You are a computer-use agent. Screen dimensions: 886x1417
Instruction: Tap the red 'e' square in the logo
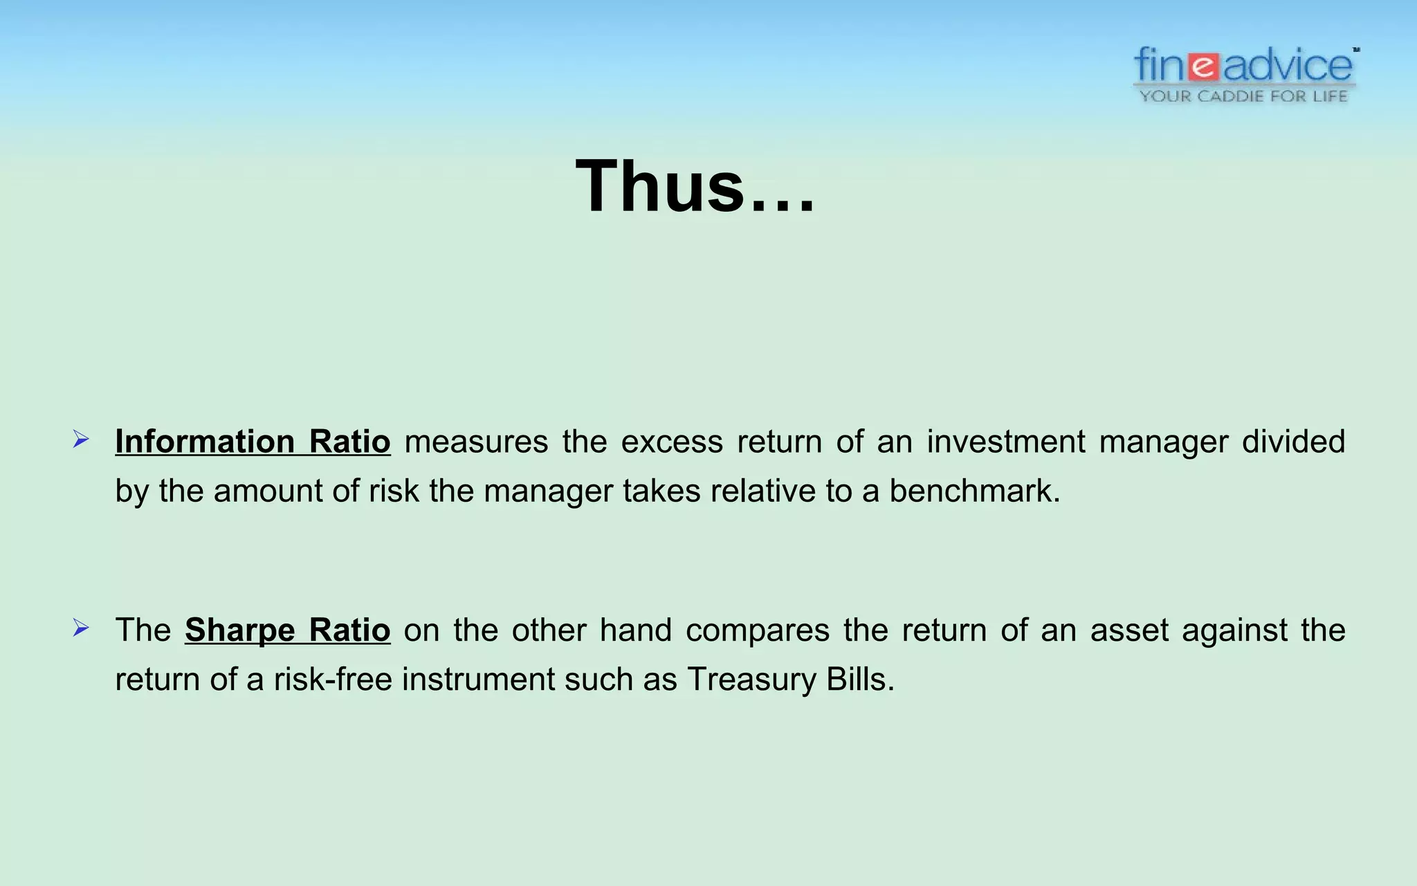click(1205, 67)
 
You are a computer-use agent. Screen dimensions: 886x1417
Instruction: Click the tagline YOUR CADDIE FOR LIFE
click(1243, 96)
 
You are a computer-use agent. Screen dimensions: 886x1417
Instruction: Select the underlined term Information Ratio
click(253, 442)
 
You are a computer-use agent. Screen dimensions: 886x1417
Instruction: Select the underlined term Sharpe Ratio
click(287, 630)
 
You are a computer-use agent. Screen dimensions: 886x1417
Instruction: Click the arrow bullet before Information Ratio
click(81, 440)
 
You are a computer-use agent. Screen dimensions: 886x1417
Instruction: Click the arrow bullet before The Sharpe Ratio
click(81, 629)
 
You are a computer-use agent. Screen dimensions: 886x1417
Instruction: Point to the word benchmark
click(973, 491)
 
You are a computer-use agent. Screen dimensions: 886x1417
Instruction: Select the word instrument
click(477, 680)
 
